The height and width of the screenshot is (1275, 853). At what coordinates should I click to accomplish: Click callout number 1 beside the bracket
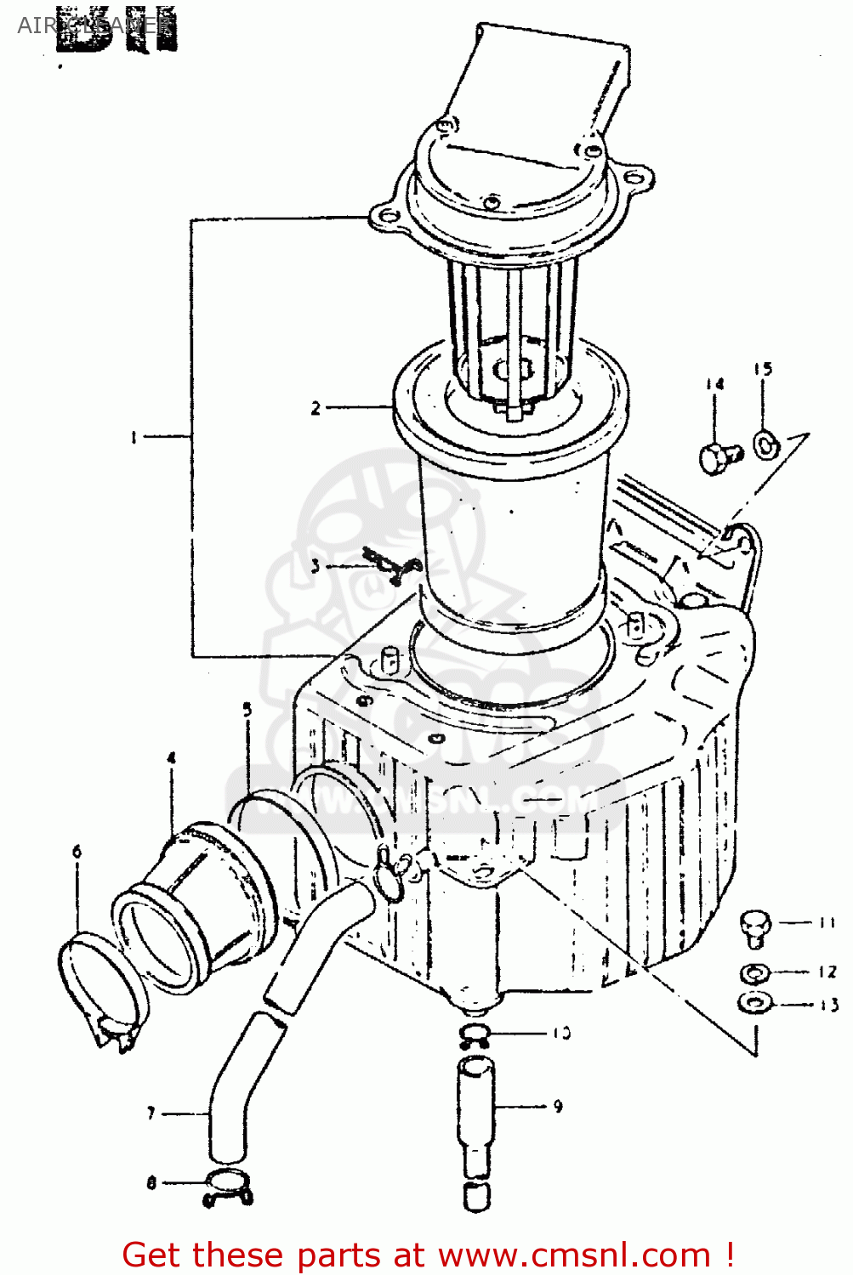click(134, 437)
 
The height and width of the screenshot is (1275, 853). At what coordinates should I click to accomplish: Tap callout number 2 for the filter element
click(316, 408)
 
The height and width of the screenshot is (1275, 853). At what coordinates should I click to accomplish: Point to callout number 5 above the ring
click(247, 709)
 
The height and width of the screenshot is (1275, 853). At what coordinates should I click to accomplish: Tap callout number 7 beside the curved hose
click(151, 1113)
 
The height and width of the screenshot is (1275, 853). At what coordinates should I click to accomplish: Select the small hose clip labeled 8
click(228, 1187)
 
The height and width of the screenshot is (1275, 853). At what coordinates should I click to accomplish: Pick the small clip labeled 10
click(475, 1034)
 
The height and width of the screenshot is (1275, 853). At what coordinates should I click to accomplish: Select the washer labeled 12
click(754, 972)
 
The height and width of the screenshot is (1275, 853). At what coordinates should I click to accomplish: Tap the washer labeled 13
click(753, 1003)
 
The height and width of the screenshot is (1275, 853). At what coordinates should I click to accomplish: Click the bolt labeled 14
click(719, 458)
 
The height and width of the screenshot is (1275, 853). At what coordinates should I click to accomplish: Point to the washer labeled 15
click(765, 443)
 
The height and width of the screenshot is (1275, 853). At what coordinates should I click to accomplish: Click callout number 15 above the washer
click(763, 369)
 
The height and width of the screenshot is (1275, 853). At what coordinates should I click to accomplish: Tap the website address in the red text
click(576, 1255)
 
